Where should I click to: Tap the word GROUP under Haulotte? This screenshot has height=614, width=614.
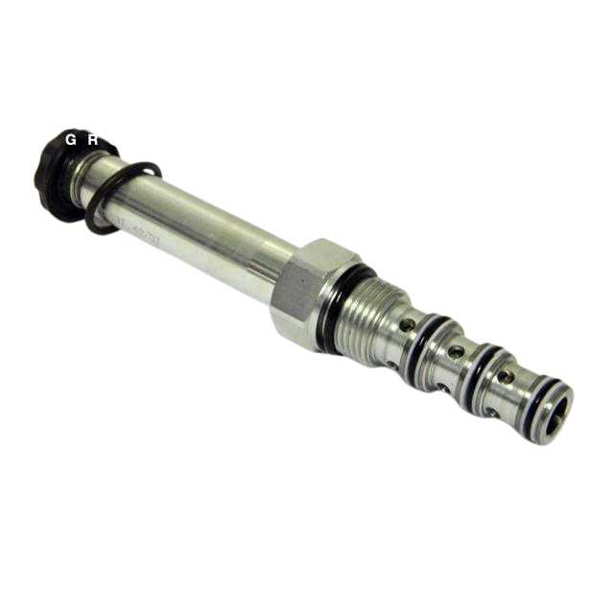point(116,139)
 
